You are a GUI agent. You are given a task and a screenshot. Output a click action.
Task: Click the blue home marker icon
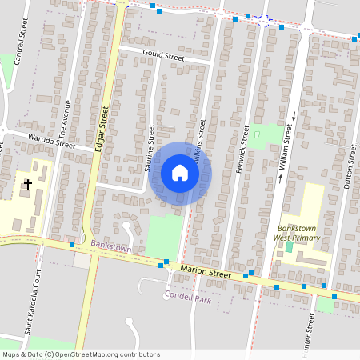[x=180, y=174]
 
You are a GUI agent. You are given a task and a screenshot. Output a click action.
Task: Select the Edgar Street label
[x=101, y=129]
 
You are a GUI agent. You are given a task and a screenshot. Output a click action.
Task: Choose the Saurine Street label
[x=150, y=148]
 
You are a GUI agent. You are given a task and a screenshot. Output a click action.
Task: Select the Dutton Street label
[x=349, y=173]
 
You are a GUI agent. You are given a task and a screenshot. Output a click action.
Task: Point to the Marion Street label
[x=206, y=274]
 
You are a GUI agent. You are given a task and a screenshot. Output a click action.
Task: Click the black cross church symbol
[x=28, y=185]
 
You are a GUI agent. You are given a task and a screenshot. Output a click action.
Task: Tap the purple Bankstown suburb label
[x=110, y=249]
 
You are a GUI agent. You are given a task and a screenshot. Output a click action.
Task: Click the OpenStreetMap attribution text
[x=81, y=354]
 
